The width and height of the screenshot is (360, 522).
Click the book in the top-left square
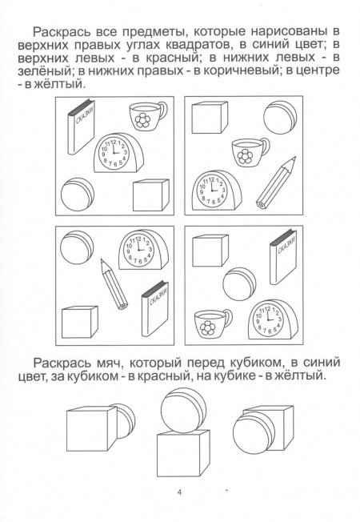(81, 126)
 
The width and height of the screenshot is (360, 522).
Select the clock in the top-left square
(118, 153)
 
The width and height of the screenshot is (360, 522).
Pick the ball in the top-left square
(78, 194)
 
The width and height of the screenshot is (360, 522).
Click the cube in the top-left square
(150, 195)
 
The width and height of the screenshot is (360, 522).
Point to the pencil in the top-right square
(276, 183)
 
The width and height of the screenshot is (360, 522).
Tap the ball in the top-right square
(280, 118)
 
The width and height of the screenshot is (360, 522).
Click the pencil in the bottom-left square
(114, 284)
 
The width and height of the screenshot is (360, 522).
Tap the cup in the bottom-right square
(213, 323)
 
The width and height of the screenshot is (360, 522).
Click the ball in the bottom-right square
(239, 283)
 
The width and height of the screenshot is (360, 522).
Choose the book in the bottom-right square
(283, 256)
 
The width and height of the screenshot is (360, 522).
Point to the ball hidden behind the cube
(126, 420)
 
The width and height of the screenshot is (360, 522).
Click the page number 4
(180, 492)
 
